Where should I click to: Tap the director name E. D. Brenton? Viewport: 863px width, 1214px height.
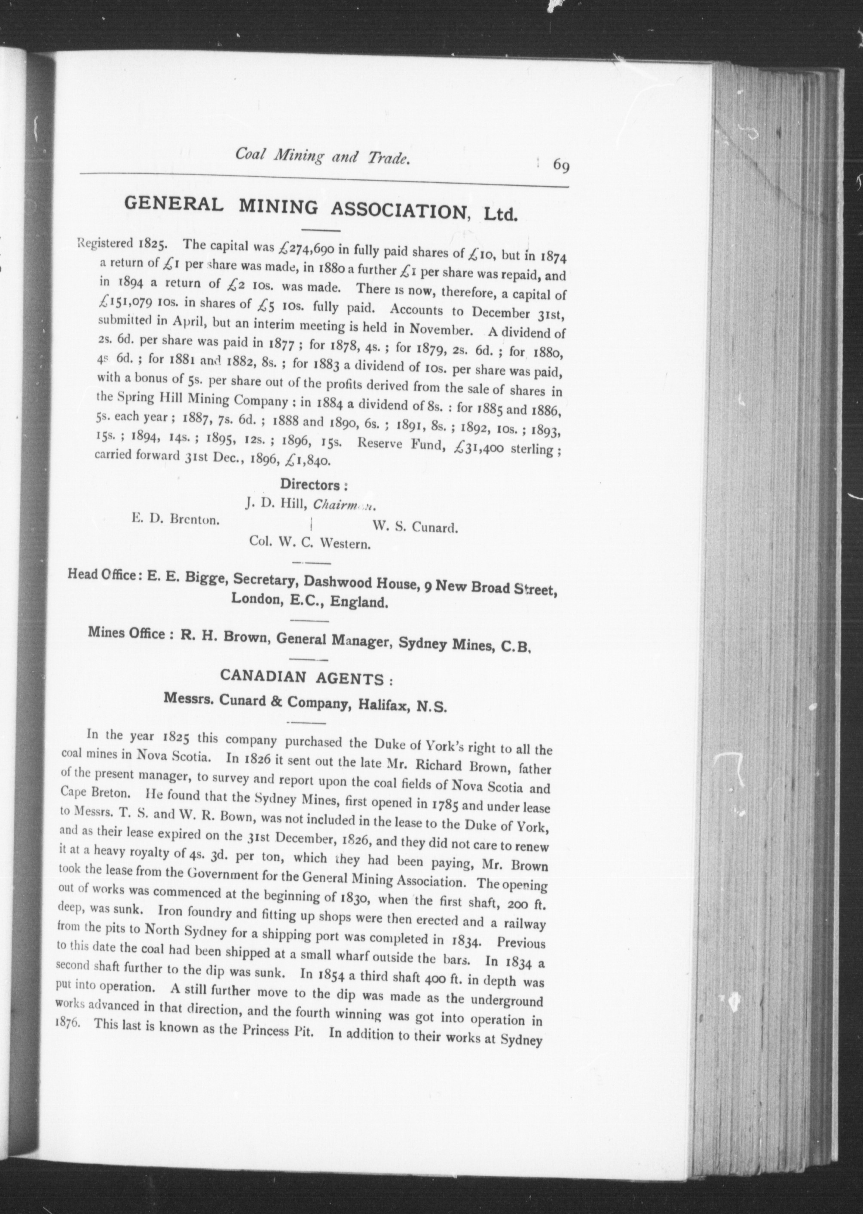coord(176,519)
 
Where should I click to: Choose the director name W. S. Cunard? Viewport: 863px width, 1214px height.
coord(415,527)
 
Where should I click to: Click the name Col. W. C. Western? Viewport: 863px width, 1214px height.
coord(310,544)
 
